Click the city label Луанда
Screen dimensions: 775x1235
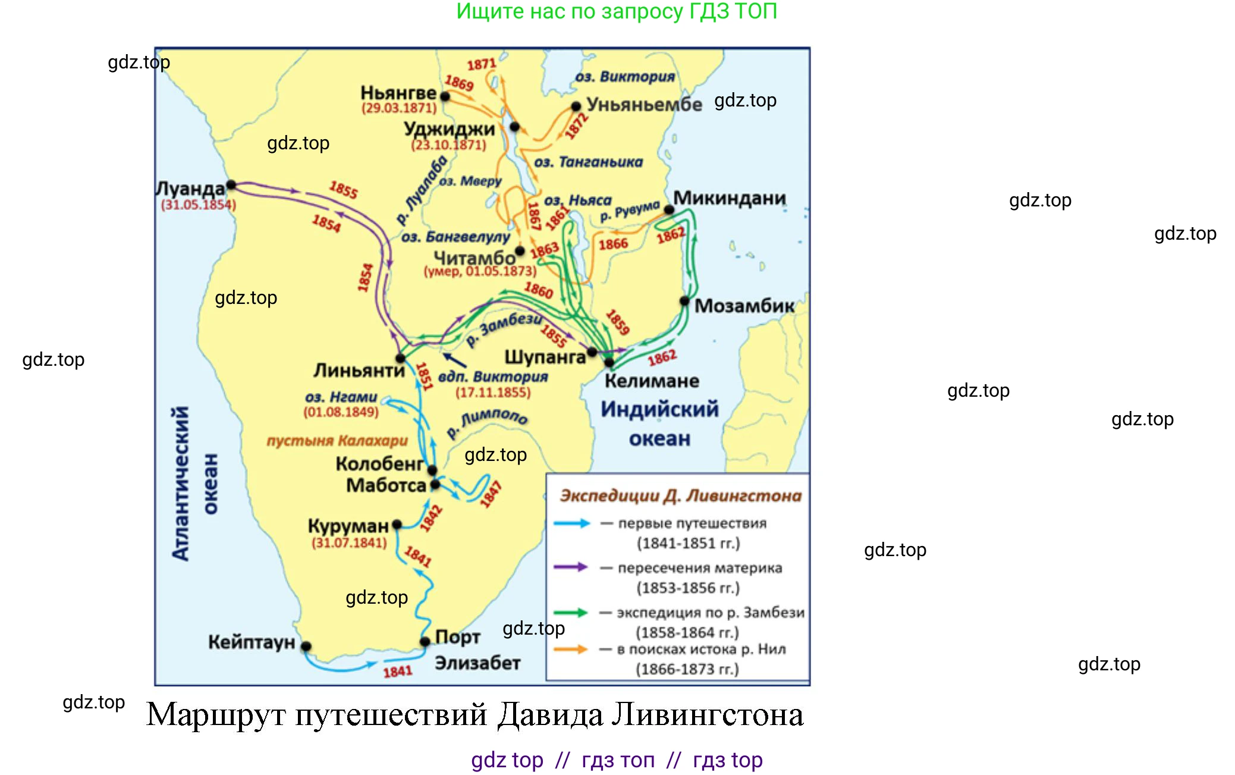(190, 189)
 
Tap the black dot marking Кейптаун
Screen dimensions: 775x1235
(306, 646)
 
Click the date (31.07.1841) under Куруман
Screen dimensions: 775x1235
(349, 542)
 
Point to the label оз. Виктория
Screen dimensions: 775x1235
(624, 76)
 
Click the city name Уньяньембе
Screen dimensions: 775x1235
(644, 104)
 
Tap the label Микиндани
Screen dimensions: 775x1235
(729, 197)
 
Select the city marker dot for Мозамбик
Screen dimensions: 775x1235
(684, 301)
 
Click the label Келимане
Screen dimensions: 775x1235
(652, 381)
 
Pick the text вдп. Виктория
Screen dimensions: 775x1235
(493, 376)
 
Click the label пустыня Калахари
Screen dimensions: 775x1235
(337, 441)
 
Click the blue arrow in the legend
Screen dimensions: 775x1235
(571, 523)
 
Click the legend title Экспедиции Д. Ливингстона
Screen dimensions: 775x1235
(680, 495)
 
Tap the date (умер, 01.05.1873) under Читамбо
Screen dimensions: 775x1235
(480, 271)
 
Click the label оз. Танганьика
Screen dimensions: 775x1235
(588, 162)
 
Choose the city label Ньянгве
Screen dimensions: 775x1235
(398, 93)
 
